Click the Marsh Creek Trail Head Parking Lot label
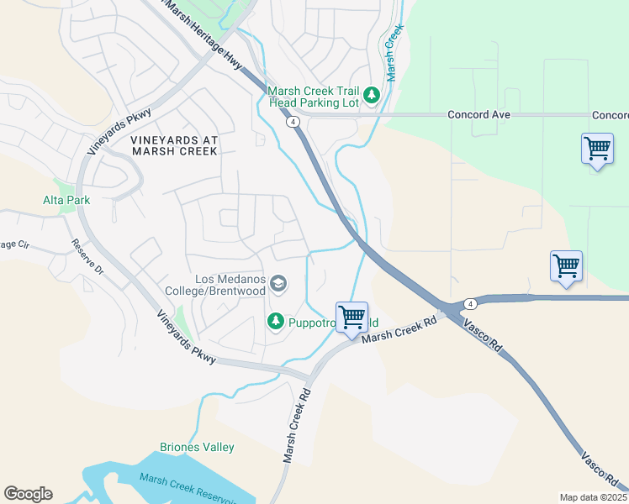(x=314, y=97)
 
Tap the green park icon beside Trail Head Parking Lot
(x=372, y=97)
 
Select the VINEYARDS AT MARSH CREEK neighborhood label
(x=174, y=145)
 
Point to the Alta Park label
(x=66, y=200)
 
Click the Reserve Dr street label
(x=87, y=260)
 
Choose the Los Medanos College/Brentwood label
(x=230, y=285)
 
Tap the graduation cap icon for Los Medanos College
(x=278, y=286)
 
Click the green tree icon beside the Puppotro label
(x=275, y=321)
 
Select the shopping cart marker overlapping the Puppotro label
(x=351, y=317)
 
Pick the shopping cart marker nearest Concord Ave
(x=597, y=149)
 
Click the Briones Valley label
(x=197, y=447)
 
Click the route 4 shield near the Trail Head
(x=293, y=122)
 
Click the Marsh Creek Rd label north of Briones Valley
(x=297, y=425)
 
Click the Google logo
(x=28, y=494)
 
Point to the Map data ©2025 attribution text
(x=592, y=497)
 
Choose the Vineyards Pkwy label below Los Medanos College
(x=186, y=337)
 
